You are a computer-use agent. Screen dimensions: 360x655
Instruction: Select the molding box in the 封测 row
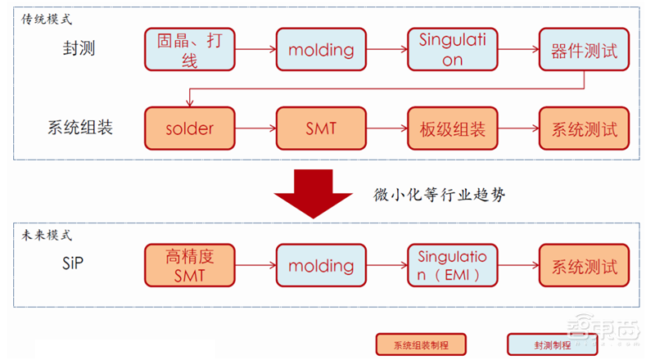click(320, 49)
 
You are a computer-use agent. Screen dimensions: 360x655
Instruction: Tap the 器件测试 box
click(584, 49)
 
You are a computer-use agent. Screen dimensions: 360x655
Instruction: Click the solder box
click(189, 128)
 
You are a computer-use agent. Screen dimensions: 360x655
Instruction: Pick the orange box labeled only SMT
click(320, 128)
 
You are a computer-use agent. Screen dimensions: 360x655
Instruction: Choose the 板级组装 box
click(452, 128)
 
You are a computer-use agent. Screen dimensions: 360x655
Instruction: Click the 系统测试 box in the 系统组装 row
click(584, 128)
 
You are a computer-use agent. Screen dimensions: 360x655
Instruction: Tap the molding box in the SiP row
click(320, 266)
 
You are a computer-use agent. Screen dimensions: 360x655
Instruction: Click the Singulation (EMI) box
click(452, 266)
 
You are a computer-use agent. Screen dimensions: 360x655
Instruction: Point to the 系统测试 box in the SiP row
click(584, 266)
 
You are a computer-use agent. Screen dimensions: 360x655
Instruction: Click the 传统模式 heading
click(46, 17)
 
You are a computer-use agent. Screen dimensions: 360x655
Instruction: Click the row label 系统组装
click(79, 128)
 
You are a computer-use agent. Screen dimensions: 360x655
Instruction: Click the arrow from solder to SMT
click(255, 128)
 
